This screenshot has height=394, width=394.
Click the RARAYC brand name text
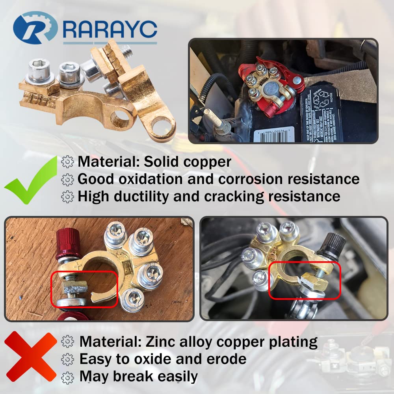(110, 28)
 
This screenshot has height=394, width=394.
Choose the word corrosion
(251, 179)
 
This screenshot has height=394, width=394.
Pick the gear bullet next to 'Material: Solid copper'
(68, 162)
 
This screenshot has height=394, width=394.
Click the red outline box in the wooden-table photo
(85, 289)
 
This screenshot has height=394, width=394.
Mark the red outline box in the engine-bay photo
(305, 280)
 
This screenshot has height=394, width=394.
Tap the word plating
(292, 342)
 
